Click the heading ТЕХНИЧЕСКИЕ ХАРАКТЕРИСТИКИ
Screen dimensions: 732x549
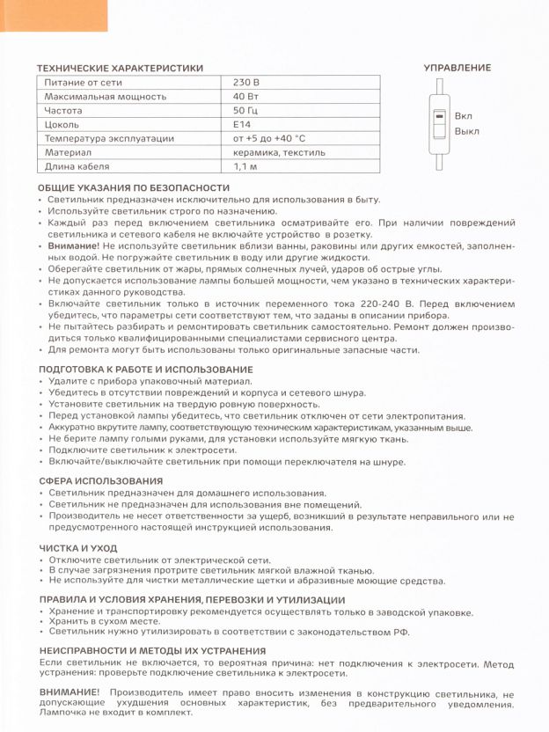(x=121, y=68)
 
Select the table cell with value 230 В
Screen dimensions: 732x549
(x=246, y=83)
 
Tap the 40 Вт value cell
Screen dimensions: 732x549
(x=245, y=97)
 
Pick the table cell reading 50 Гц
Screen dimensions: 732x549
(x=245, y=111)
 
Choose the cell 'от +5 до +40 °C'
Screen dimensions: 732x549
(x=269, y=138)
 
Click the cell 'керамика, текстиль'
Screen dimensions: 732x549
(x=279, y=152)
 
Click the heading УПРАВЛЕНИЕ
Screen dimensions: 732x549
(x=457, y=68)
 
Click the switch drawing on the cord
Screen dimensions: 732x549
(x=438, y=123)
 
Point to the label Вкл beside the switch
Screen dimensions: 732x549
(x=464, y=116)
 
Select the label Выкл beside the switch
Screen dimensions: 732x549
(x=467, y=131)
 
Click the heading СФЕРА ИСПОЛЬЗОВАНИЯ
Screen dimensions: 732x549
(x=101, y=481)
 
